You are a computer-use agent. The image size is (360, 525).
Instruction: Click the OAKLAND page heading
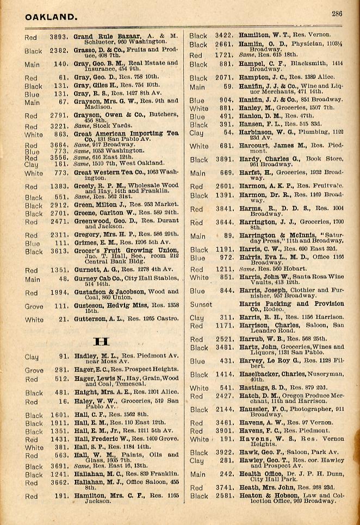pyautogui.click(x=51, y=17)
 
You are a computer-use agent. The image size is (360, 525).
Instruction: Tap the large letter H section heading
pyautogui.click(x=102, y=341)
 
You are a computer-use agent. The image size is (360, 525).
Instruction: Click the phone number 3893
pyautogui.click(x=59, y=37)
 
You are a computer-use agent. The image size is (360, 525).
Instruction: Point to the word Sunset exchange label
pyautogui.click(x=201, y=305)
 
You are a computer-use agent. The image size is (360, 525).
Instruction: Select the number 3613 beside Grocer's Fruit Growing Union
pyautogui.click(x=58, y=252)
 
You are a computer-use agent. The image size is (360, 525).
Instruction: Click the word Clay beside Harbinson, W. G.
pyautogui.click(x=196, y=133)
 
